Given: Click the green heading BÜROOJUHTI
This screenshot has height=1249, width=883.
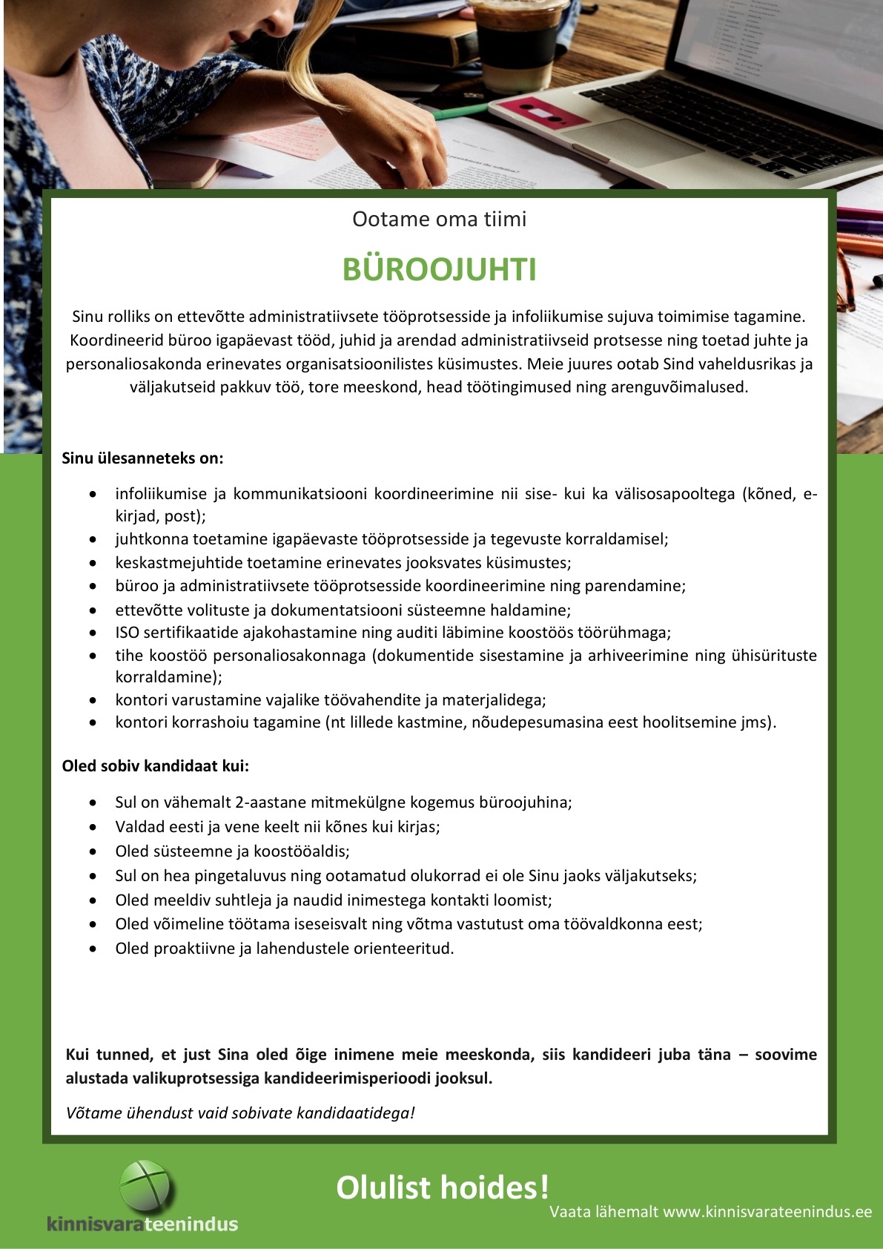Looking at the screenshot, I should (x=439, y=270).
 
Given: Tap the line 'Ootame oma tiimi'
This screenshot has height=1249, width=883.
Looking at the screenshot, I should (x=439, y=220).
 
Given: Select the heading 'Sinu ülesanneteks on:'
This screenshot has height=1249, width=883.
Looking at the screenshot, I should (x=142, y=458).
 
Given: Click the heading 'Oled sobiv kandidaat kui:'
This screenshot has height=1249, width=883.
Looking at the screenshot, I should (x=156, y=766).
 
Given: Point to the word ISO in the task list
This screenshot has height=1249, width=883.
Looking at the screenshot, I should (x=127, y=633).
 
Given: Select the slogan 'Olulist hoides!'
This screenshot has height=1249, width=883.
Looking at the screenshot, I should (x=443, y=1187).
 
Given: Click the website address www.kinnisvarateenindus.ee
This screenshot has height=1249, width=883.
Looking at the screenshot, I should (x=767, y=1212).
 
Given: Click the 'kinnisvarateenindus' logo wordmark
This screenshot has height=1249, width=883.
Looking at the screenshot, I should (x=142, y=1224).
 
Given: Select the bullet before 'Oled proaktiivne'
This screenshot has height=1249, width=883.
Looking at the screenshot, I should (x=93, y=949).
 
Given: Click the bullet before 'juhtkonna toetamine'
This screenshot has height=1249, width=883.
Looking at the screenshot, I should (x=93, y=539).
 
